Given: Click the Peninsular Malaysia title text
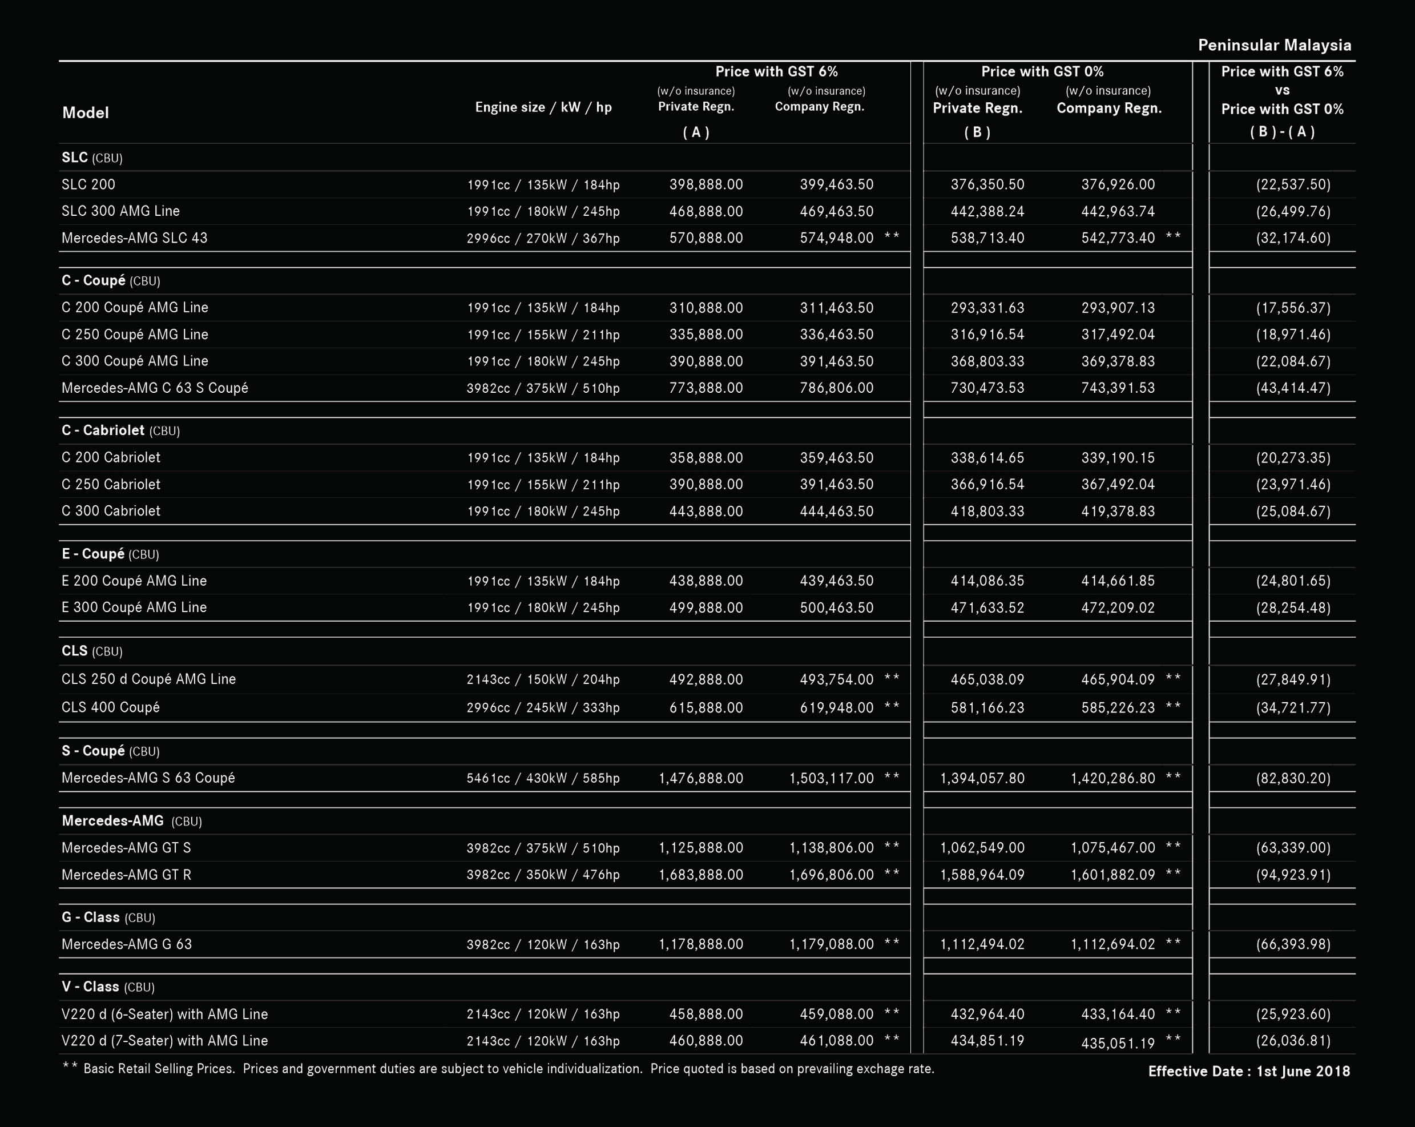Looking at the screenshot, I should [x=1275, y=45].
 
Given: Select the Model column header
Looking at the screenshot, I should [x=85, y=113].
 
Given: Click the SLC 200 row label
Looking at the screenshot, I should [x=88, y=184].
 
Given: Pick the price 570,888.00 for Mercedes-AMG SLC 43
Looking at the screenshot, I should [x=706, y=238].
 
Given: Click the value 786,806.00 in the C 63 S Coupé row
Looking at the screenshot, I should [x=837, y=388].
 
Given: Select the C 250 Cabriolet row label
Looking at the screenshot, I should [x=111, y=484].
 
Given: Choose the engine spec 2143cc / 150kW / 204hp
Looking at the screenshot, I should [x=543, y=679].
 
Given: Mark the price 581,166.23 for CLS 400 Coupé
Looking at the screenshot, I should [x=987, y=707].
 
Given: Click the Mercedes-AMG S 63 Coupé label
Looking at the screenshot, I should [x=148, y=778].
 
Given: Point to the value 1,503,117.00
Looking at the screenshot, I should [x=832, y=779].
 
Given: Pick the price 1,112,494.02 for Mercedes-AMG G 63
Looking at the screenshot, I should [x=982, y=944].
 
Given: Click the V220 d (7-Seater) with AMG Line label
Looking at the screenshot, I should [x=165, y=1041].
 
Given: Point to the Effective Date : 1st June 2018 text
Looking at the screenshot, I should [x=1249, y=1071].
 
